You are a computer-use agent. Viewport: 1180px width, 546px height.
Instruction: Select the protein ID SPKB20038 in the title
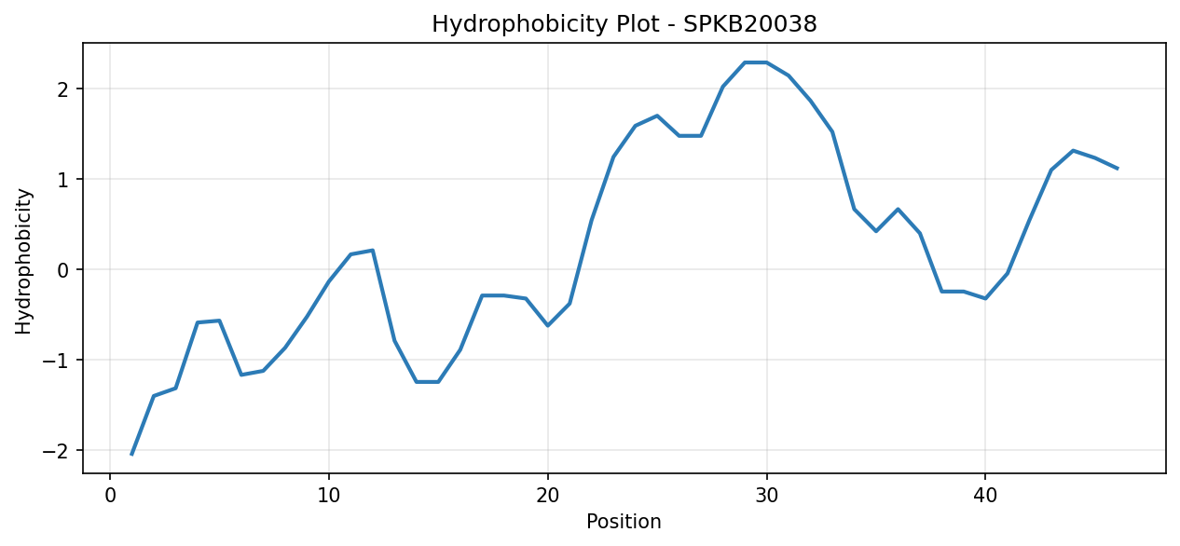(x=750, y=24)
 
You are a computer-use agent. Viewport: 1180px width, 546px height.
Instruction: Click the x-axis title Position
(x=624, y=521)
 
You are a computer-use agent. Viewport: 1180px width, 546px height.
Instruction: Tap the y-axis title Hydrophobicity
(x=23, y=262)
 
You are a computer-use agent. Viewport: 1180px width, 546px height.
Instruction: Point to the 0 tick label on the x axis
(x=110, y=496)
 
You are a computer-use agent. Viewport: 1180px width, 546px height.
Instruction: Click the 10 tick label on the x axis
(x=329, y=496)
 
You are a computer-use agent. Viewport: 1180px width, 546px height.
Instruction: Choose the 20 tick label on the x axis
(x=548, y=496)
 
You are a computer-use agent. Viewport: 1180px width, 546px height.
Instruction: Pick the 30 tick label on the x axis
(x=766, y=496)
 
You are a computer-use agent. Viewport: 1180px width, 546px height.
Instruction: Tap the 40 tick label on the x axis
(x=985, y=496)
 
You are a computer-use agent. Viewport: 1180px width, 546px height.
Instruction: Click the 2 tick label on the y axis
(x=63, y=89)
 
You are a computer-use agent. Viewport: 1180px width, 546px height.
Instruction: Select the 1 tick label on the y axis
(x=63, y=180)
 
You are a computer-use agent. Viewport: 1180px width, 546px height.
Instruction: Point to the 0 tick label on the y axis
(x=63, y=269)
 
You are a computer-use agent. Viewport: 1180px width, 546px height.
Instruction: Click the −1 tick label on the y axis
(x=56, y=361)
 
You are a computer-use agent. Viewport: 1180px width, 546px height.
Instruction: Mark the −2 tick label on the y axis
(x=56, y=451)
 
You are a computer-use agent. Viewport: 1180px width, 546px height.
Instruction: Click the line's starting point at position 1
(x=131, y=455)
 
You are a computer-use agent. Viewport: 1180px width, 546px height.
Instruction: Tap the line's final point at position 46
(x=1117, y=169)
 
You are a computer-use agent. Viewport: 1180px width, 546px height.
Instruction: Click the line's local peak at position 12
(x=373, y=251)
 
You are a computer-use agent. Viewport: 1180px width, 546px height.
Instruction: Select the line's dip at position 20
(x=548, y=325)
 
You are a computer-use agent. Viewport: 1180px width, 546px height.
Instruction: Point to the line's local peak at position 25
(x=657, y=116)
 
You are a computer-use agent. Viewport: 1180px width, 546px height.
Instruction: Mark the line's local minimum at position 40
(x=985, y=298)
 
